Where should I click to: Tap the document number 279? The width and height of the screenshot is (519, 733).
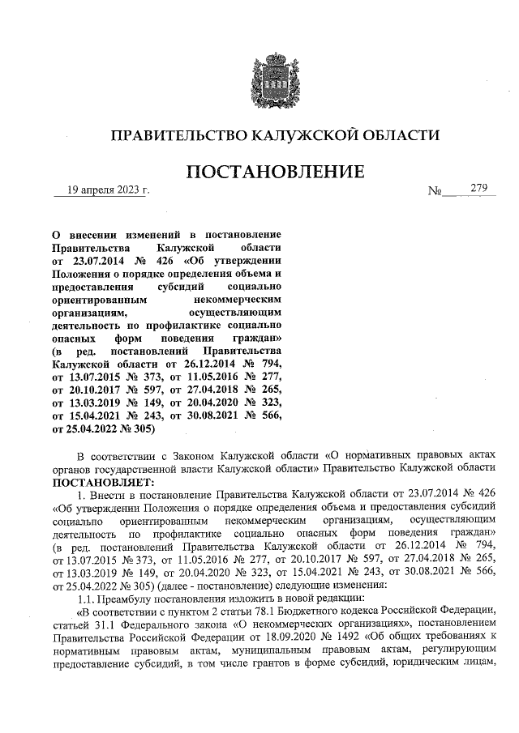478,190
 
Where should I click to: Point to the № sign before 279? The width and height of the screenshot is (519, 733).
435,192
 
